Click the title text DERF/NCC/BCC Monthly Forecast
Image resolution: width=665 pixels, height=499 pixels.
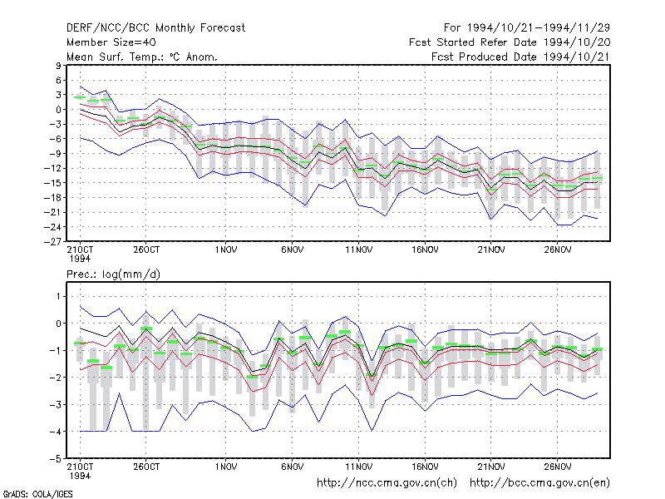click(155, 28)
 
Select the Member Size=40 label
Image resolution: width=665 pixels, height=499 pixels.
click(111, 42)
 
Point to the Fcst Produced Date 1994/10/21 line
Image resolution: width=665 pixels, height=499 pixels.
click(520, 57)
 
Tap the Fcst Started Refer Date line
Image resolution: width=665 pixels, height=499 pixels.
click(510, 42)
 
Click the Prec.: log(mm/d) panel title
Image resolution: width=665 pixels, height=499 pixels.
click(113, 274)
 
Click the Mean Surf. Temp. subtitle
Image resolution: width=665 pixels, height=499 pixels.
click(142, 57)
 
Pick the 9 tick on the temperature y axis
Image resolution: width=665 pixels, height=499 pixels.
click(58, 66)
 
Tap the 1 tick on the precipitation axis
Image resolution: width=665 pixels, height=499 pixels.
click(58, 296)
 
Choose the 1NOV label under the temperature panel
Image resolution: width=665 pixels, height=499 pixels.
click(225, 250)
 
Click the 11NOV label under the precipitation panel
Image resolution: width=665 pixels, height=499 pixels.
click(359, 467)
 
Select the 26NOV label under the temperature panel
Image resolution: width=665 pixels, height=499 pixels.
click(557, 250)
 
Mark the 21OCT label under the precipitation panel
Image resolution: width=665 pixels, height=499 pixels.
click(80, 467)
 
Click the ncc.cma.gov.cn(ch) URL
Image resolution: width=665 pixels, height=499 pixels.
click(387, 483)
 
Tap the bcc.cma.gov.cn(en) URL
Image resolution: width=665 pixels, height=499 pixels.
click(539, 483)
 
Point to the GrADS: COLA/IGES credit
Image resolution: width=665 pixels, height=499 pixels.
click(37, 494)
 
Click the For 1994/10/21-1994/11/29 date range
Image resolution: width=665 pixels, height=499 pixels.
click(527, 28)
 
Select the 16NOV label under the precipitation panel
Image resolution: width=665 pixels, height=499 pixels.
click(425, 467)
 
